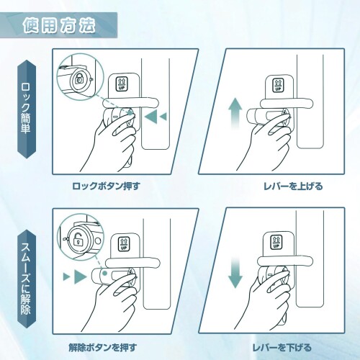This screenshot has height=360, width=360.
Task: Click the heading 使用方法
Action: (59, 25)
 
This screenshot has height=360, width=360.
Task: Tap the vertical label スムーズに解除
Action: (26, 279)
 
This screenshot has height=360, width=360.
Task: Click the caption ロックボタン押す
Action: (106, 186)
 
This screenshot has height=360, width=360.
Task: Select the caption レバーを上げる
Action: (293, 186)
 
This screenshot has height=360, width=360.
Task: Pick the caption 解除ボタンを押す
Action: (103, 348)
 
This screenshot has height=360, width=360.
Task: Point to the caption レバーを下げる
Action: (282, 348)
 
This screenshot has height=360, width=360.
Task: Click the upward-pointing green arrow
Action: (234, 114)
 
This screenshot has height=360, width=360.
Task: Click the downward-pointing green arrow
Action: (235, 275)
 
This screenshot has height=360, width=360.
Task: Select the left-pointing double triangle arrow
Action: (156, 117)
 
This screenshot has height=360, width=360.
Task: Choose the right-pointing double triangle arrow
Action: (74, 276)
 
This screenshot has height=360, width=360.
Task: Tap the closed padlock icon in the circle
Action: (78, 78)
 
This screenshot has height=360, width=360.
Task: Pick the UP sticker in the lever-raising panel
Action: (278, 84)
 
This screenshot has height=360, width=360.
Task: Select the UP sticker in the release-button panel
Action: (124, 243)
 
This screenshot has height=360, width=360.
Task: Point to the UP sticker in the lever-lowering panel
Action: (276, 243)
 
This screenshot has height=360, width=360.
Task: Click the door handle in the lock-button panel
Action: (131, 102)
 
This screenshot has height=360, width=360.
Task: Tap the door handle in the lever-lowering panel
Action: (285, 261)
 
